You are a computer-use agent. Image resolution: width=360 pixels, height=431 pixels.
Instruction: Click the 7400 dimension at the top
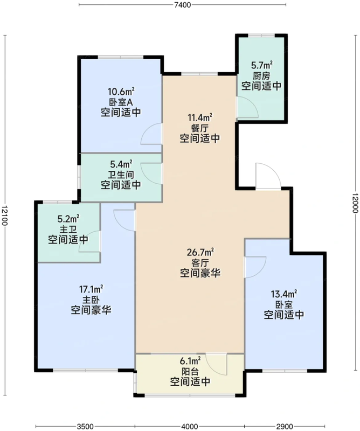click(x=183, y=5)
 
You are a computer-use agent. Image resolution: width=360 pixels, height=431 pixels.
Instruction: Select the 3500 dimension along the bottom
click(x=85, y=426)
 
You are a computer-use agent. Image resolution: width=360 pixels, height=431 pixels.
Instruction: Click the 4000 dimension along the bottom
click(x=190, y=426)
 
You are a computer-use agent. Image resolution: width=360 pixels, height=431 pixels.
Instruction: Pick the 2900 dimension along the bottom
click(x=285, y=426)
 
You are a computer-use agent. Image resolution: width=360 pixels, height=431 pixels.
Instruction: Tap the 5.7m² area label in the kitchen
click(x=262, y=65)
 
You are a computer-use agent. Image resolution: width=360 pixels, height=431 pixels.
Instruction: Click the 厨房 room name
click(x=261, y=75)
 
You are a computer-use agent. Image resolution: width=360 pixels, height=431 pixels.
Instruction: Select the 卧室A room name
click(x=121, y=102)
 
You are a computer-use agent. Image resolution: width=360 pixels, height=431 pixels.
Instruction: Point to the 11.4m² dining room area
click(x=200, y=117)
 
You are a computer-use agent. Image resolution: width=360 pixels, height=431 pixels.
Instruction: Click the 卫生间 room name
click(x=121, y=175)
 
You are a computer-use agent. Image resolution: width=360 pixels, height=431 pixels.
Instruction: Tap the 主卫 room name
click(x=68, y=230)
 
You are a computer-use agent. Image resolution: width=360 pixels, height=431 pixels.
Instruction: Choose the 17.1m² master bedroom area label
click(x=91, y=289)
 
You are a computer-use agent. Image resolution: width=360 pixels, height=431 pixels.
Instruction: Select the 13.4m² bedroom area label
click(x=284, y=294)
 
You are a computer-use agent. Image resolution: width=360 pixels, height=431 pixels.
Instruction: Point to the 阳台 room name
click(x=190, y=371)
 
